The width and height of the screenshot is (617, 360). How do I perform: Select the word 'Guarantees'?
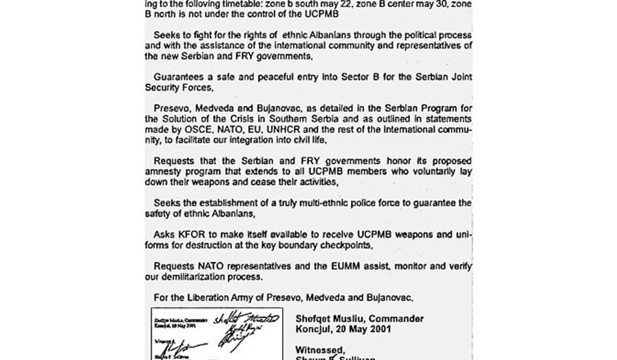pos(177,77)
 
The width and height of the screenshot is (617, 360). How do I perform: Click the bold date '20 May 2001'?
pos(361,329)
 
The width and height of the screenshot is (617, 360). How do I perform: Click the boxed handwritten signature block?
pos(216,334)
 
